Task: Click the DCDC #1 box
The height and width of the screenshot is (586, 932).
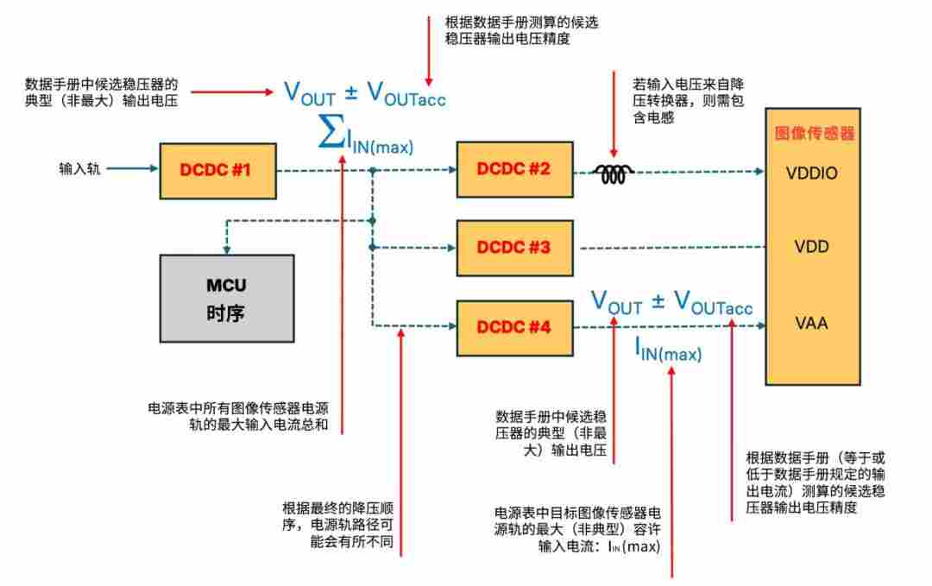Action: [x=217, y=170]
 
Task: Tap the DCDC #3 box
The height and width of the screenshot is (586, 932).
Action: [x=515, y=248]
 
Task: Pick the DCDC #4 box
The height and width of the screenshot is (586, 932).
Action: [x=515, y=327]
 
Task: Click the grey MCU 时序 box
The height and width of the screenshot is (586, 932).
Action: [x=225, y=299]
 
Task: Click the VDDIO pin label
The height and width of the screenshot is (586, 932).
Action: [x=811, y=173]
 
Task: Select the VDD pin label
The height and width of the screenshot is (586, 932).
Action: [x=811, y=248]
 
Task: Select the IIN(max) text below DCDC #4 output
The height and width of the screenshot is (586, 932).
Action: [x=668, y=349]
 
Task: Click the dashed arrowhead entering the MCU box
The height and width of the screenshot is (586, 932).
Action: [x=226, y=247]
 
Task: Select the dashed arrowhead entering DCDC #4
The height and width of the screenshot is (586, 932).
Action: [x=450, y=327]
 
